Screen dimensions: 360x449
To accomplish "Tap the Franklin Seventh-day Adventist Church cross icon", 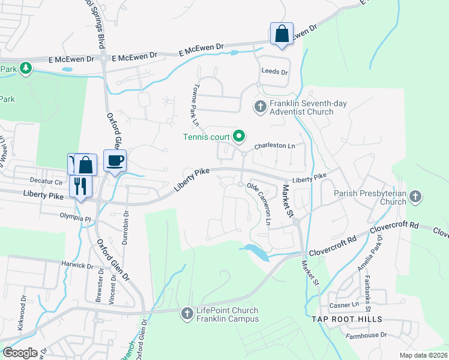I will click(260, 107).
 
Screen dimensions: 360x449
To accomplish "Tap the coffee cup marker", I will click(115, 161).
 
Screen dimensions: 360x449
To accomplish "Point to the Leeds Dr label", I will click(274, 71).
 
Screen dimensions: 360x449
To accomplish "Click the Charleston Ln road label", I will click(275, 146).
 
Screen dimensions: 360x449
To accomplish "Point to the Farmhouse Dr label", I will click(367, 335).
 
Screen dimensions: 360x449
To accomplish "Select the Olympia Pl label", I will click(74, 218).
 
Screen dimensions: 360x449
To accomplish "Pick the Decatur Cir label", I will click(46, 181).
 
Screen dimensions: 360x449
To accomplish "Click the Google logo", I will click(20, 353).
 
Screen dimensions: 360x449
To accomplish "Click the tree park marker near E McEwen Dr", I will click(25, 68).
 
